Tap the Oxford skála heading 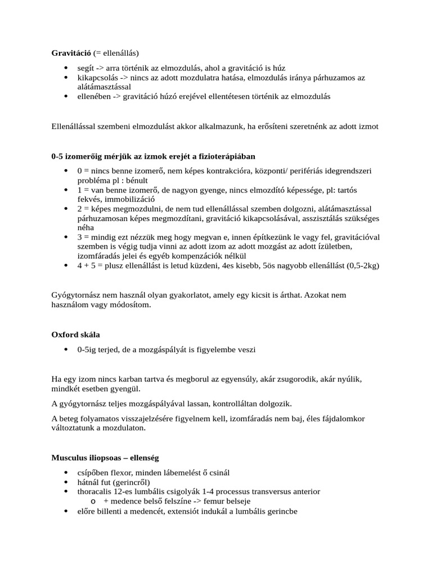pos(76,335)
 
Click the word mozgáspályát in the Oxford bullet pos(166,350)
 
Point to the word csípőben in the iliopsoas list pos(93,472)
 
